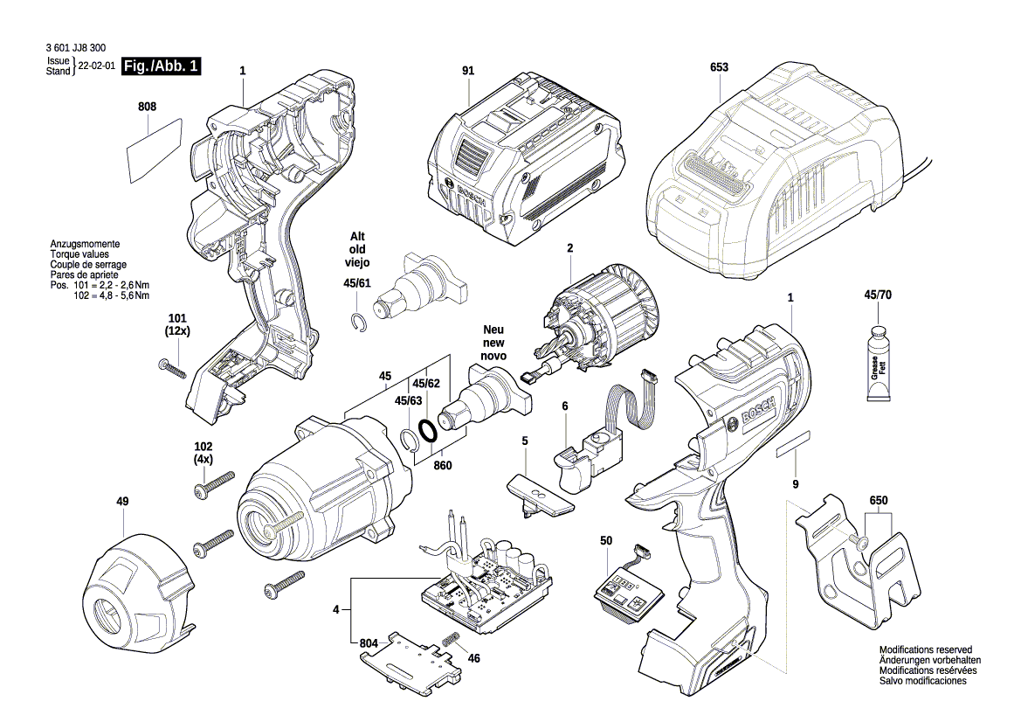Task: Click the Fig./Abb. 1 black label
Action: coord(162,66)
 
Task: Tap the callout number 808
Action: coord(147,107)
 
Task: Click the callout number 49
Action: coord(122,501)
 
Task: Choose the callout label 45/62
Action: coord(425,383)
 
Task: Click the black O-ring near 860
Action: coord(428,432)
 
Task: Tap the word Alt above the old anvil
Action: coord(356,237)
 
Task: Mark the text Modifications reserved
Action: coord(925,650)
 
